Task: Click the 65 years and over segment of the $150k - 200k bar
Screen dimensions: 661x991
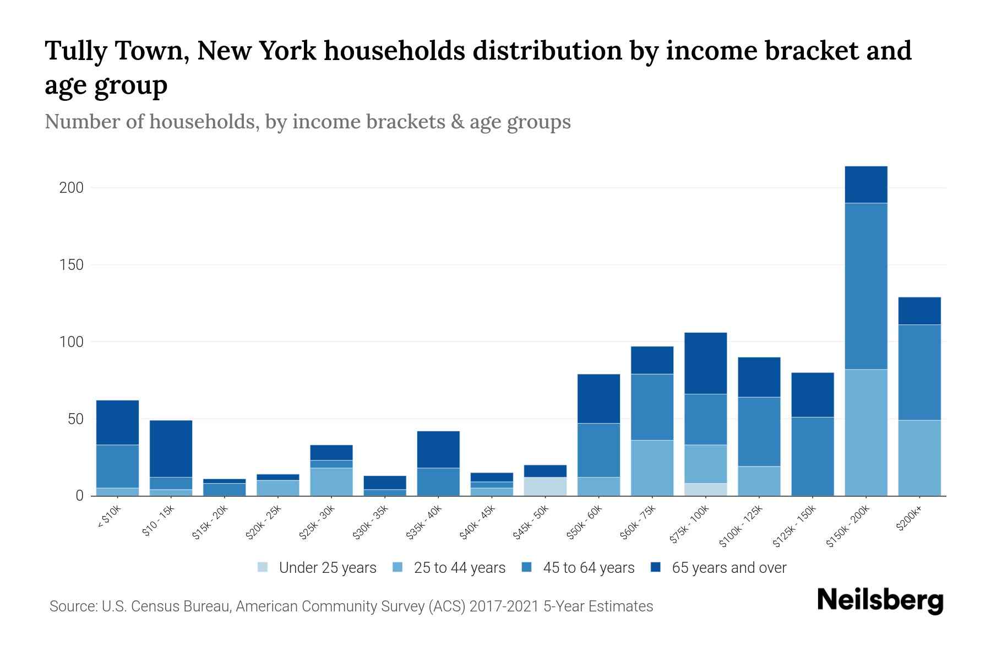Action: (x=866, y=185)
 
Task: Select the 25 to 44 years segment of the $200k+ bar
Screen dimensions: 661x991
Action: (x=919, y=458)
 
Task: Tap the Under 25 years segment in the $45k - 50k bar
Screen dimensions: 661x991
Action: (x=545, y=486)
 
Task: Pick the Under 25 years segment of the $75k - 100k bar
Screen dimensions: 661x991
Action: (x=706, y=489)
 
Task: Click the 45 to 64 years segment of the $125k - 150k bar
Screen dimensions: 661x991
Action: (x=813, y=456)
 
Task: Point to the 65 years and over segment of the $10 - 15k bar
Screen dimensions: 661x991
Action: (x=171, y=448)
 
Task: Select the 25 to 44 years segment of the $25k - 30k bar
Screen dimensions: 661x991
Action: (x=331, y=481)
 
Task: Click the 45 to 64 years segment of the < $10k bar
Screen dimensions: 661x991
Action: (x=117, y=466)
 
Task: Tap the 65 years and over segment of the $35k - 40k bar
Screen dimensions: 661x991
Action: (x=438, y=449)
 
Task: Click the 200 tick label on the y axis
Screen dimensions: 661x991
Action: (x=72, y=188)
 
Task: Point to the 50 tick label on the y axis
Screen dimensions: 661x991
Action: (x=75, y=419)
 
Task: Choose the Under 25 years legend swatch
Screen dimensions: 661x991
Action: (x=263, y=567)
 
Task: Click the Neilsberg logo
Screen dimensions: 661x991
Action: (x=880, y=600)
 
